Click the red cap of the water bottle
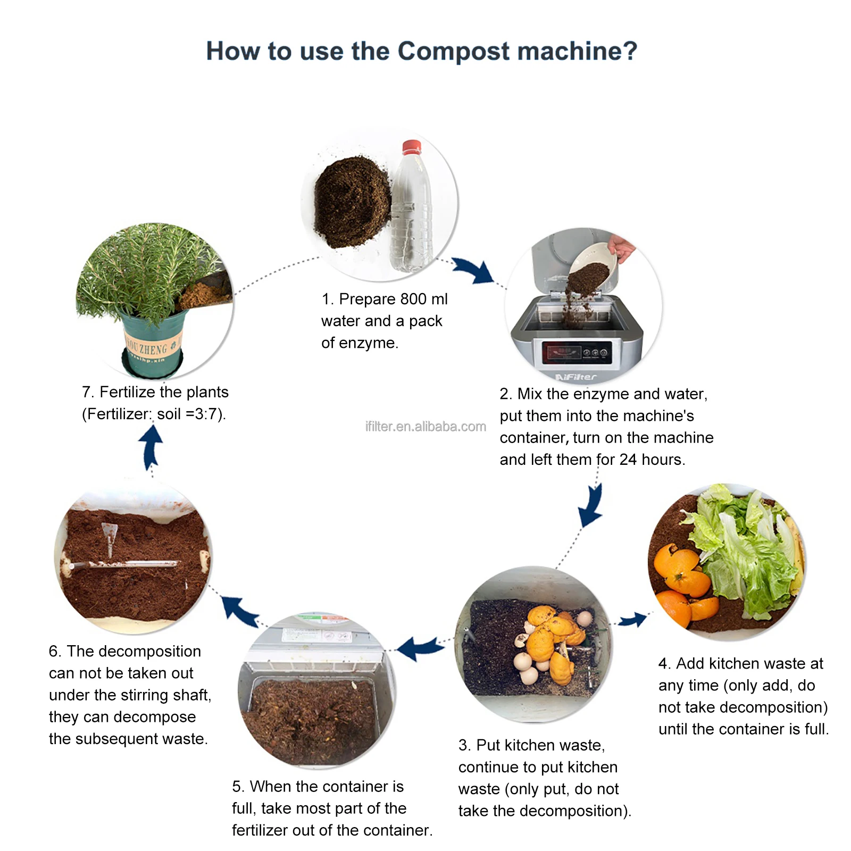point(411,147)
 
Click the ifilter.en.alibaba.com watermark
point(425,426)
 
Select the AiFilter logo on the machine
point(575,377)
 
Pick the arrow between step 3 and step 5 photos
point(420,648)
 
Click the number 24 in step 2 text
point(628,459)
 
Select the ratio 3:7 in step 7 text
point(204,414)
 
